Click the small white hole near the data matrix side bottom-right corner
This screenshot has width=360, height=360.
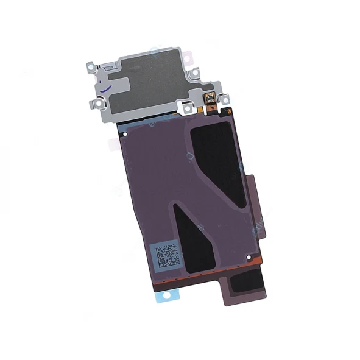pos(249,258)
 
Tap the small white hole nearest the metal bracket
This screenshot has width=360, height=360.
pos(125,133)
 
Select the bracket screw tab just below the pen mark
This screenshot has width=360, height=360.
pos(94,105)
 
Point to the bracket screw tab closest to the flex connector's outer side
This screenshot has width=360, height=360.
pos(224,98)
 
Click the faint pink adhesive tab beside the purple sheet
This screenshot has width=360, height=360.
pos(113,144)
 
